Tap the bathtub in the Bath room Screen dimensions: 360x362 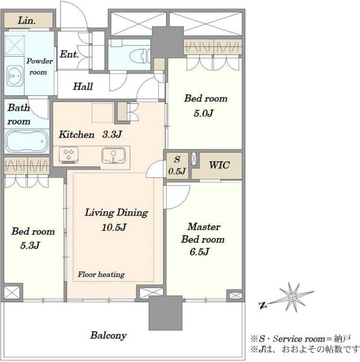coord(27,141)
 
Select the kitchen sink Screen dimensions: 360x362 coord(114,156)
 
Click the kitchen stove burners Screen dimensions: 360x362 coord(69,154)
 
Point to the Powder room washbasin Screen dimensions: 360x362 coord(14,76)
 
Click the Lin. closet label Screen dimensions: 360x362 coord(27,21)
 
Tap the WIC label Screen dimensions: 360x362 coord(219,165)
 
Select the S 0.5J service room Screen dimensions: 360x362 coord(177,165)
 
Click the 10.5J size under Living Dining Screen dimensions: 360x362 coord(114,227)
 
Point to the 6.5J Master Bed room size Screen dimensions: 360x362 coord(200,252)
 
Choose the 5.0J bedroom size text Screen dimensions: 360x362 coord(204,113)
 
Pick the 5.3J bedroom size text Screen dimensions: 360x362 coord(30,245)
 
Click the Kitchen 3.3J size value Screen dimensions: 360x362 coord(112,135)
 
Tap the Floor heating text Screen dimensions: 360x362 coord(101,275)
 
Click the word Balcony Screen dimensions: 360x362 coord(108,335)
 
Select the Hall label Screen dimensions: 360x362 coord(83,86)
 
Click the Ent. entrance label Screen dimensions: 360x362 coord(69,54)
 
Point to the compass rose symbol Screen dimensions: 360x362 coord(292,297)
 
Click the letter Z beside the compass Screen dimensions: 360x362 coord(263,306)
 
